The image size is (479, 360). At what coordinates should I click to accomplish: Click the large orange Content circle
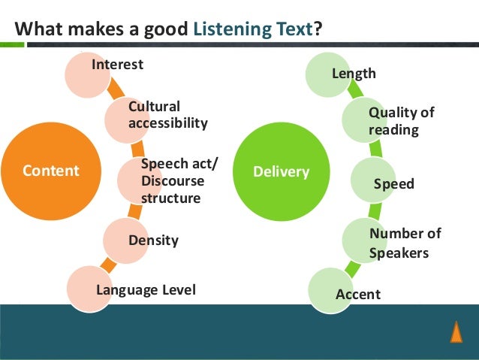click(51, 170)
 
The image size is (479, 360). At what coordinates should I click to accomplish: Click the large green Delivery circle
click(281, 172)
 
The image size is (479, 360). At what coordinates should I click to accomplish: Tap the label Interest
click(117, 65)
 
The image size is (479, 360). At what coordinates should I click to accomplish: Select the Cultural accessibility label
click(167, 114)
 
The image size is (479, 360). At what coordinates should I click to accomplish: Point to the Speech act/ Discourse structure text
click(173, 181)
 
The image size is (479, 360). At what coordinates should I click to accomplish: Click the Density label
click(153, 241)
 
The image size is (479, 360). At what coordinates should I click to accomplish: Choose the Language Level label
click(146, 289)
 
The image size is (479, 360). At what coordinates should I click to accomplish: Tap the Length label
click(354, 74)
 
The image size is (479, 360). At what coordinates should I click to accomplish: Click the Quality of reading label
click(401, 121)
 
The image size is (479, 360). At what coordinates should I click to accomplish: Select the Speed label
click(393, 184)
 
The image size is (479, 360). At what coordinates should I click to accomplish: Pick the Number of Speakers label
click(405, 243)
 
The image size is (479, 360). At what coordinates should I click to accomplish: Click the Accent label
click(357, 294)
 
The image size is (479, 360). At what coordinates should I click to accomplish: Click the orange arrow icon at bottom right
click(456, 331)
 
